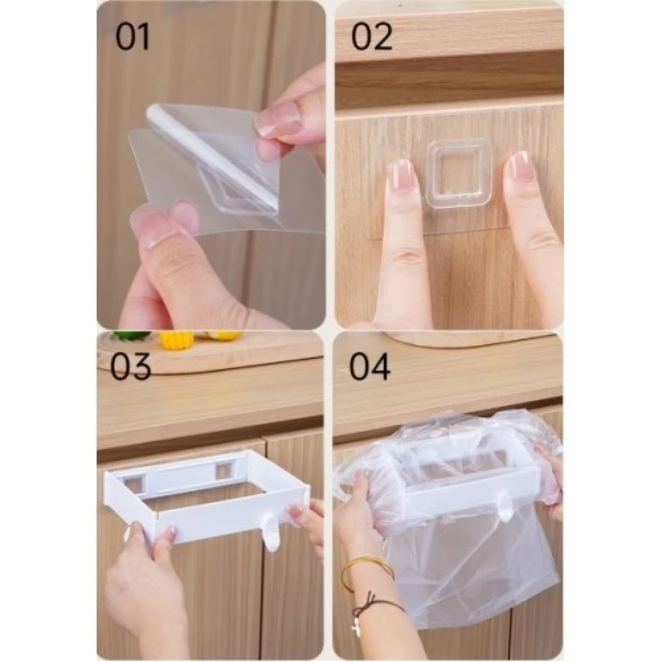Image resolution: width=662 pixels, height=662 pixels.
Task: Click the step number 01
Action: coord(133,37)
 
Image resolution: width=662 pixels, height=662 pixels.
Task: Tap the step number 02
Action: coord(372,37)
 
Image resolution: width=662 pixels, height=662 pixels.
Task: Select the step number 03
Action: coord(131,366)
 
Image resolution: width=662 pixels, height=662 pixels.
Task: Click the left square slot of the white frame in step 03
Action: coord(136,483)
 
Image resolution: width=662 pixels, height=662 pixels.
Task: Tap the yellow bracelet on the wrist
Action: coord(367,574)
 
